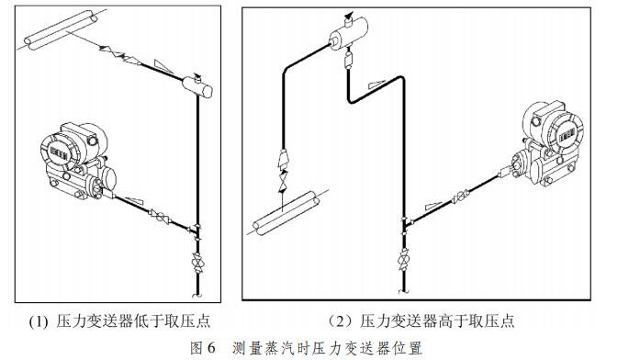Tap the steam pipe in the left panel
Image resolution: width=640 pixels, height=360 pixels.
point(62,30)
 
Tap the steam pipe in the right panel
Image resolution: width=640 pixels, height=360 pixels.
point(286,213)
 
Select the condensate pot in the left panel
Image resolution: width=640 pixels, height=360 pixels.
point(197,86)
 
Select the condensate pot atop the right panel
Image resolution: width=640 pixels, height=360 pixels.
point(348,32)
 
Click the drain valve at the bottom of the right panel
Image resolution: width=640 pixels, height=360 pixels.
point(403,259)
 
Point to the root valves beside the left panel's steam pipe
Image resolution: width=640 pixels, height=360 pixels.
point(120,55)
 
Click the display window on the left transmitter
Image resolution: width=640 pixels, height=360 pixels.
point(59,152)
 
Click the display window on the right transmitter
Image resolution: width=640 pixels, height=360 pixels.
point(567,133)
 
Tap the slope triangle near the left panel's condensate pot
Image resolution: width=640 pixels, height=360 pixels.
point(163,66)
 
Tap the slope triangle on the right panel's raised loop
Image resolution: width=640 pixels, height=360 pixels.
point(376,84)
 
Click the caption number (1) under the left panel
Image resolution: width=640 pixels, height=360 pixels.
point(39,321)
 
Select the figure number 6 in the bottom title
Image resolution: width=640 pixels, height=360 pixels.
point(210,348)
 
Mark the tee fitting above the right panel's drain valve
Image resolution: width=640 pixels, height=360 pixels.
point(404,223)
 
